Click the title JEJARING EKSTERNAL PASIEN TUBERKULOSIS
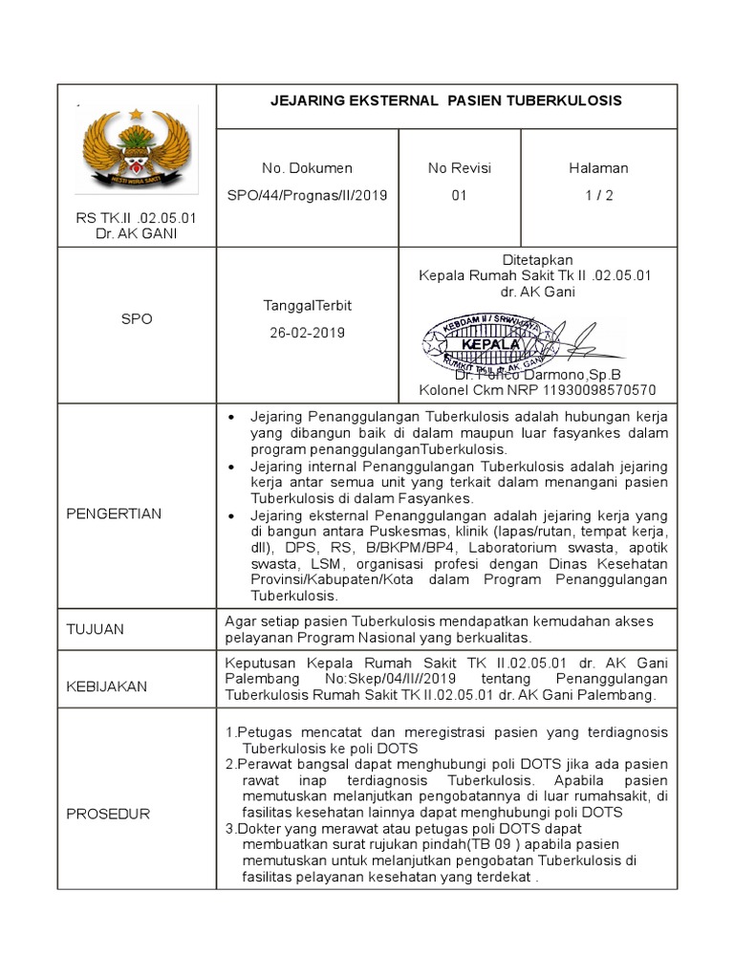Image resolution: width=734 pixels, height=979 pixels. point(446,100)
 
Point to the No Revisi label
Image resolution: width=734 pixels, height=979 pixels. point(459,168)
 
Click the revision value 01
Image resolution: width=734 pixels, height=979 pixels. point(459,196)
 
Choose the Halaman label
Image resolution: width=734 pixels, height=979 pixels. point(598,168)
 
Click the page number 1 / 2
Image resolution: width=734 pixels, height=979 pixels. point(598,196)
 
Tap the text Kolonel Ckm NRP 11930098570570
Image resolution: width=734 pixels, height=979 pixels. point(537,390)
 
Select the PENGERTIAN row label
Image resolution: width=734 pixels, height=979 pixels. point(114,513)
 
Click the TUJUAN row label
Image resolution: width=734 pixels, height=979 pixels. point(96,630)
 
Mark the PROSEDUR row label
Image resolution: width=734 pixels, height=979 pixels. point(108,814)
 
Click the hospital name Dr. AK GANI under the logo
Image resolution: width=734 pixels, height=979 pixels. point(136,234)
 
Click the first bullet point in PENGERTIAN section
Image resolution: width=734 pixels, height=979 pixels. point(230,418)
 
